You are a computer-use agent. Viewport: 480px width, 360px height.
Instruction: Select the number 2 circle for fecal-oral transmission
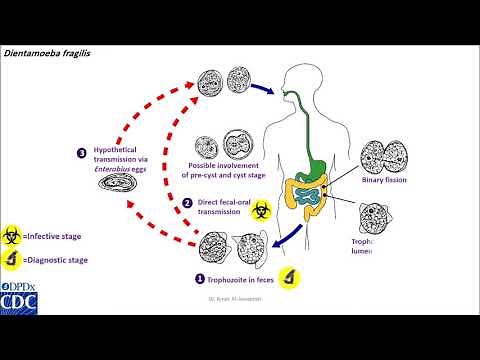[x=186, y=202]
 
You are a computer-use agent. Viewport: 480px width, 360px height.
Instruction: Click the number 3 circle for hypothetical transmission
[x=81, y=153]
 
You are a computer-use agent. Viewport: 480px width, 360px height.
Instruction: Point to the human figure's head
[x=299, y=79]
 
